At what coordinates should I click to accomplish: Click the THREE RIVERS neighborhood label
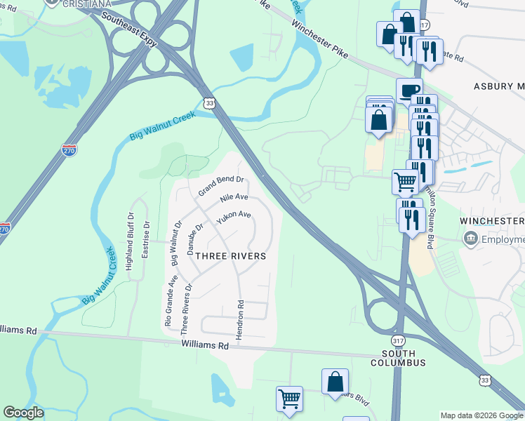[230, 256]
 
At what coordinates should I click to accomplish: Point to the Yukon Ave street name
[234, 218]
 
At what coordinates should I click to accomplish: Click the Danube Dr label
[194, 239]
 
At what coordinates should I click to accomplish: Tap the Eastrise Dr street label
[145, 239]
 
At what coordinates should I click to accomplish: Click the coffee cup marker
[408, 90]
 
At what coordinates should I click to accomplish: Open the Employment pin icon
[470, 239]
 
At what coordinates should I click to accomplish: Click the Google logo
[24, 413]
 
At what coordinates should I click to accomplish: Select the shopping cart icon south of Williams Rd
[289, 399]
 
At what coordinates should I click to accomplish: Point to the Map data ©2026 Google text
[481, 415]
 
